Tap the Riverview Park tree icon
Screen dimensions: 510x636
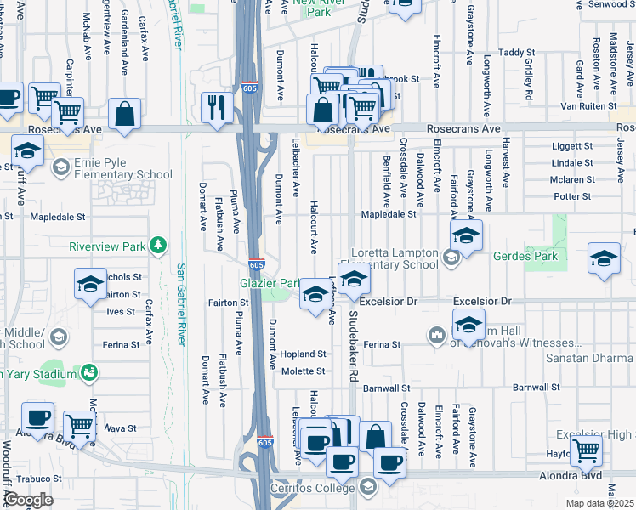tap(156, 246)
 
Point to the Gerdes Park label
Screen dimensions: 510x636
tap(558, 255)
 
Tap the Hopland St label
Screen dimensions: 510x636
tap(304, 354)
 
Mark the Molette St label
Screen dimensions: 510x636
tap(304, 371)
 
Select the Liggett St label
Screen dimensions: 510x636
tap(571, 146)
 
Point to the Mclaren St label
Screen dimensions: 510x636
tap(571, 179)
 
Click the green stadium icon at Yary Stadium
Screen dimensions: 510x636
tap(88, 373)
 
